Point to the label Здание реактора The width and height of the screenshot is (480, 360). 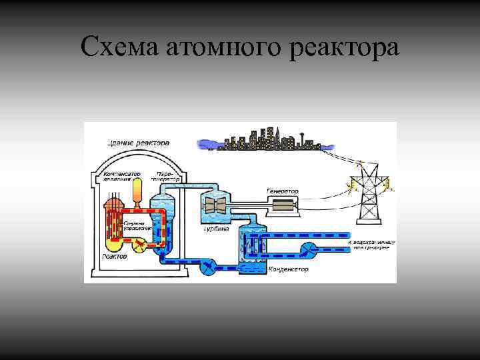pos(137,143)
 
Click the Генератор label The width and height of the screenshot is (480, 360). pos(283,191)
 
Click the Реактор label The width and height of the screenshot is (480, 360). pos(115,255)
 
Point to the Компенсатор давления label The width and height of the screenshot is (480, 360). pos(121,177)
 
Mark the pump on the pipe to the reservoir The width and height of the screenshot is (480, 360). pos(308,249)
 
